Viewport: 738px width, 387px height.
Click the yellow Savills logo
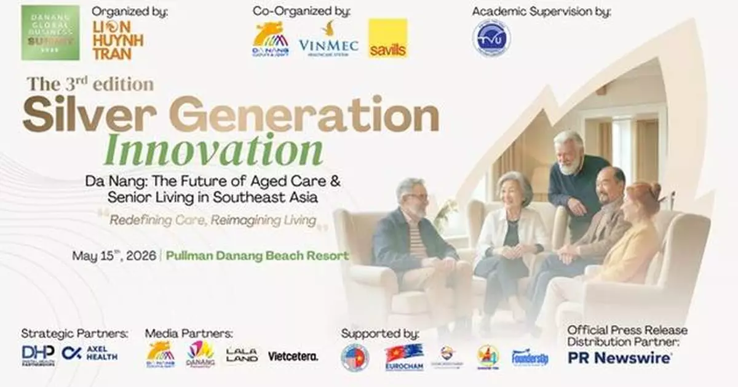[388, 38]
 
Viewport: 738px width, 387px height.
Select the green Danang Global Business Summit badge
[50, 33]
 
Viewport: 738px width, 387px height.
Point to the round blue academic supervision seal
[491, 37]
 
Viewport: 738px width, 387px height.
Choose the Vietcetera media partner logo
[293, 356]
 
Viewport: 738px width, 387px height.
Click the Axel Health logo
[90, 354]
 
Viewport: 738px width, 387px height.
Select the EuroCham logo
[404, 356]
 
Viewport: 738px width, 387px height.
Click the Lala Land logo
[242, 355]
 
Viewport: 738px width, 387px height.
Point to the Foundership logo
[530, 357]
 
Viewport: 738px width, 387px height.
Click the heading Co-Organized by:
[301, 11]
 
